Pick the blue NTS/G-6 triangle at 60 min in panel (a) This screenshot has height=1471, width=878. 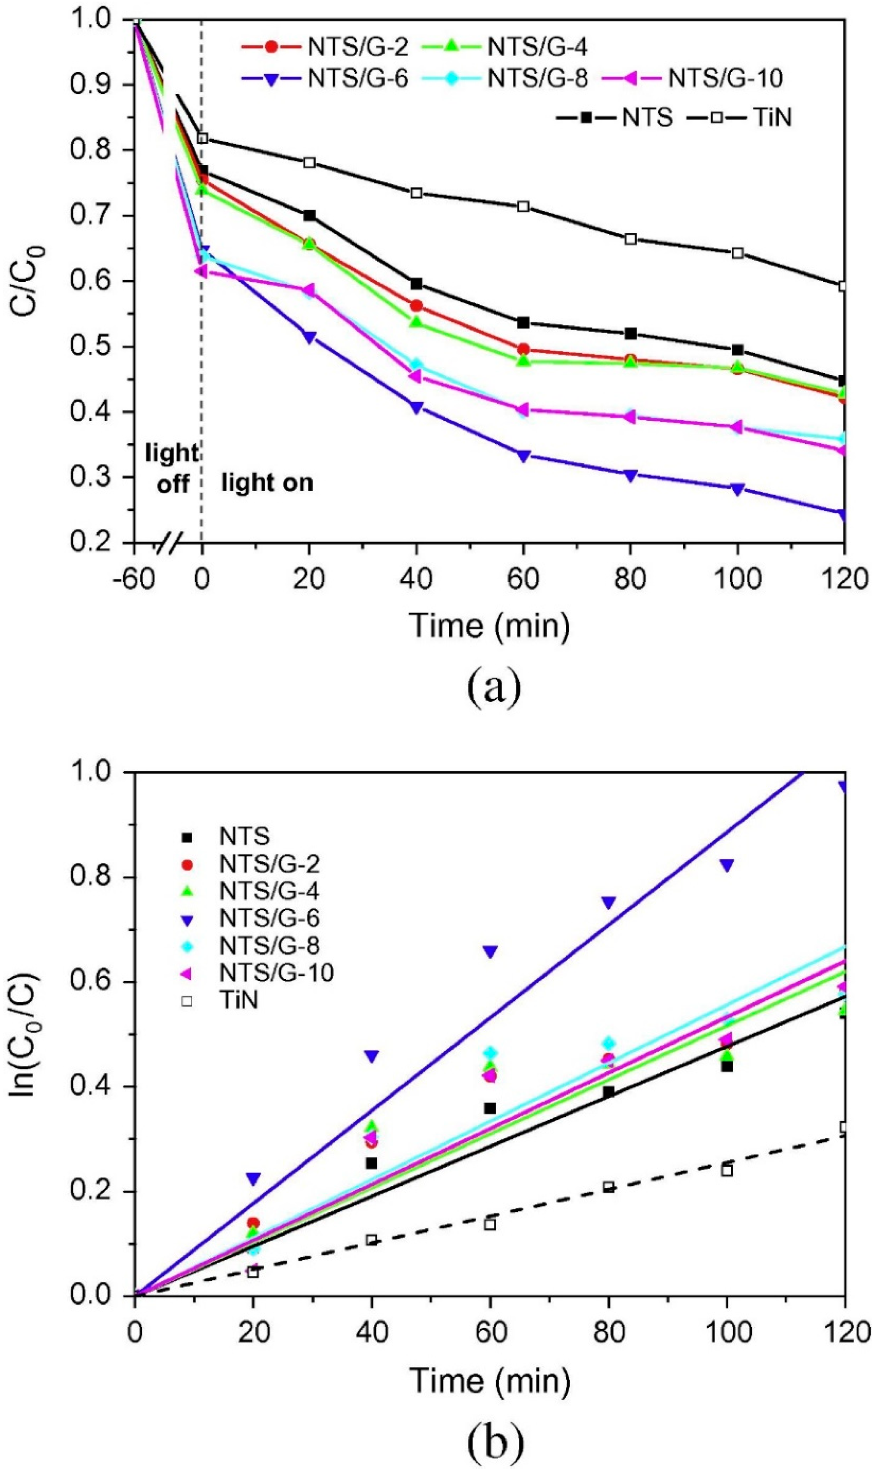(523, 456)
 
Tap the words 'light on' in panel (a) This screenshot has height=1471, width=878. (267, 484)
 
